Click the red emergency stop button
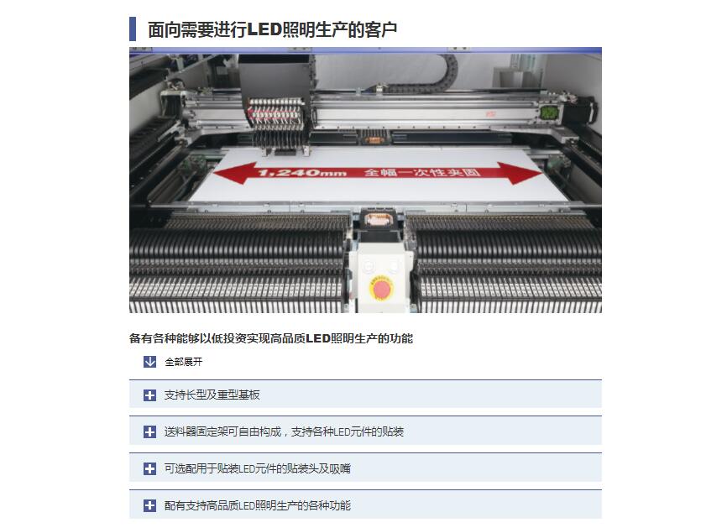click(x=381, y=288)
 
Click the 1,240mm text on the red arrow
click(x=302, y=173)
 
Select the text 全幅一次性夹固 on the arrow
click(x=422, y=172)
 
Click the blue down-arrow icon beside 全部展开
click(x=149, y=362)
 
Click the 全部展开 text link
click(x=184, y=362)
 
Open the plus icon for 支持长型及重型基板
click(x=149, y=395)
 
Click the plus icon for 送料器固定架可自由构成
click(x=149, y=431)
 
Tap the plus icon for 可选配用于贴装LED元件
click(x=149, y=468)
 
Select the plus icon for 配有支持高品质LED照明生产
click(x=149, y=505)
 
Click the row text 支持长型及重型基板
click(x=212, y=395)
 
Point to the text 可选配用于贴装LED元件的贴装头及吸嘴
click(x=258, y=468)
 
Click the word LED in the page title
click(x=264, y=29)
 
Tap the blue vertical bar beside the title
click(x=133, y=29)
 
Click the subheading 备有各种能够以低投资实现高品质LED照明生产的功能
click(x=271, y=338)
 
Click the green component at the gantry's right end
click(x=549, y=112)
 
